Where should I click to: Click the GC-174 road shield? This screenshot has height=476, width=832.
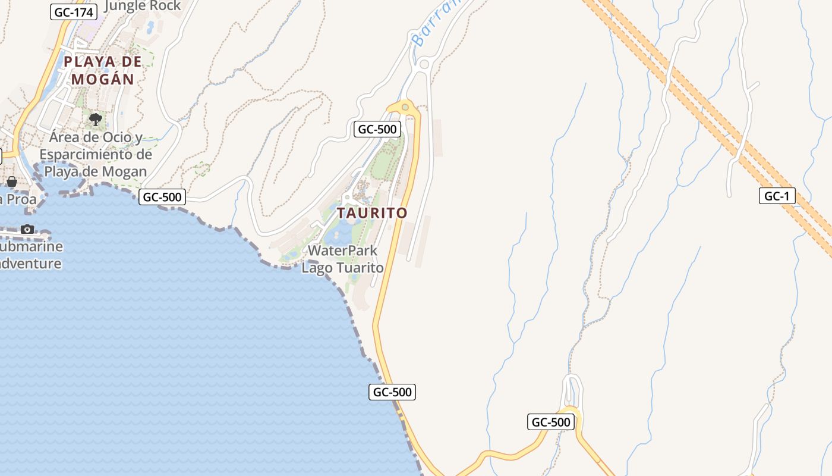pyautogui.click(x=74, y=11)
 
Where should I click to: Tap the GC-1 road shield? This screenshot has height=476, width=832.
pyautogui.click(x=777, y=196)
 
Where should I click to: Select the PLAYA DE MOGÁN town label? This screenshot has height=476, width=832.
pyautogui.click(x=103, y=70)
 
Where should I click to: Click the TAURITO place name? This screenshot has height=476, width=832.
pyautogui.click(x=373, y=213)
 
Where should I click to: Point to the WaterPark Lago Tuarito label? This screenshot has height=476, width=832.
pyautogui.click(x=342, y=259)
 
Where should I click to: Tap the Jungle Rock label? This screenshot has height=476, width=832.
pyautogui.click(x=143, y=6)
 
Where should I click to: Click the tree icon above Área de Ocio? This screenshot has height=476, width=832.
pyautogui.click(x=95, y=120)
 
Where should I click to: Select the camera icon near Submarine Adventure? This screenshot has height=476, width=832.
pyautogui.click(x=27, y=229)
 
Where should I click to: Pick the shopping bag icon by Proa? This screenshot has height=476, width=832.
pyautogui.click(x=11, y=181)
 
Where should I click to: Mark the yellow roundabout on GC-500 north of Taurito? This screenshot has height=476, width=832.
pyautogui.click(x=405, y=107)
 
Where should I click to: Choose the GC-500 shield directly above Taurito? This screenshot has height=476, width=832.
pyautogui.click(x=376, y=129)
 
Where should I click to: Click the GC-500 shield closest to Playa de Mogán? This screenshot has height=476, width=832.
pyautogui.click(x=162, y=197)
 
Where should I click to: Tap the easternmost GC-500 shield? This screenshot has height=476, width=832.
pyautogui.click(x=551, y=422)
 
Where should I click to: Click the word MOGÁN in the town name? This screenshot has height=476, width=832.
pyautogui.click(x=103, y=79)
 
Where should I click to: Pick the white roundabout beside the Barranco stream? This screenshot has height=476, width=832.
pyautogui.click(x=424, y=64)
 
